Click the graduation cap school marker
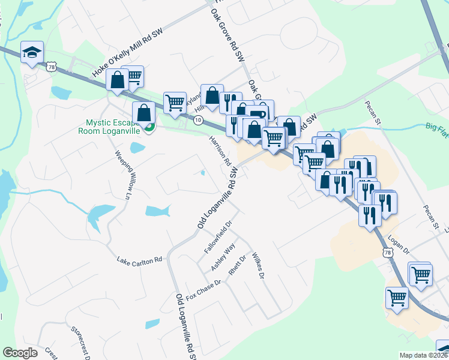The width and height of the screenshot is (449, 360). coord(31,53)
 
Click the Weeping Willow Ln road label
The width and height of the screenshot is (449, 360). coord(122,173)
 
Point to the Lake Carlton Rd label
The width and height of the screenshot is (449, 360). coord(140,260)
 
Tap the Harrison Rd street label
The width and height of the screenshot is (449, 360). coord(220,151)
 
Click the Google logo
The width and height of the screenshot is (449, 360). coord(20,353)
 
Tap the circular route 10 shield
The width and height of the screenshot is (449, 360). coord(197,120)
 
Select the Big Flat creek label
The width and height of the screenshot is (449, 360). coord(437,127)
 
